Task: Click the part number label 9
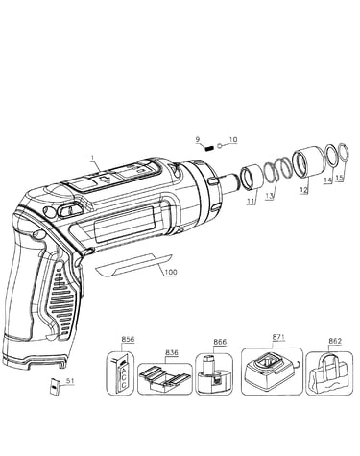tap(198, 139)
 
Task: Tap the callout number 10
tap(233, 140)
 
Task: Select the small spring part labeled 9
tap(209, 149)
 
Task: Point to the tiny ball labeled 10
tap(220, 146)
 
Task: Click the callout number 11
tap(252, 201)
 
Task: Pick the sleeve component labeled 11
tap(252, 178)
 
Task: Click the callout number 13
tap(270, 196)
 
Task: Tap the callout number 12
tap(304, 190)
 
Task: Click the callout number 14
tap(327, 180)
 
